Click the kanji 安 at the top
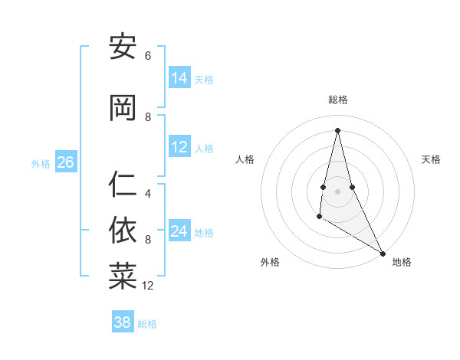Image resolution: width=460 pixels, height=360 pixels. click(123, 47)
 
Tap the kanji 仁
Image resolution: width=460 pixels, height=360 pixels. click(123, 184)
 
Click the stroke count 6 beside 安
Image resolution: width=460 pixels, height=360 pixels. click(148, 56)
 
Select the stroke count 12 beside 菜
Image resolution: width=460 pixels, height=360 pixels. click(149, 286)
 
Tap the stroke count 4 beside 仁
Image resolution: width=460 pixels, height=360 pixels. click(148, 194)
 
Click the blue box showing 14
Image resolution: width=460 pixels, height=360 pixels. click(179, 78)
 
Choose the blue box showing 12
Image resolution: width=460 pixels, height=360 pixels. click(179, 147)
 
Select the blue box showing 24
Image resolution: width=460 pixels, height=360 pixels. click(179, 231)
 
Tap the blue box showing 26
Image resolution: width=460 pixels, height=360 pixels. click(65, 162)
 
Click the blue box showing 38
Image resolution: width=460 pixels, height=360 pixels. click(123, 322)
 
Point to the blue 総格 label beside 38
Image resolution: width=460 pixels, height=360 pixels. click(147, 324)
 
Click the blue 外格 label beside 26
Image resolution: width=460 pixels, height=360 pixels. click(40, 163)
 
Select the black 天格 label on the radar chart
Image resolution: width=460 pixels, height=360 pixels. click(431, 159)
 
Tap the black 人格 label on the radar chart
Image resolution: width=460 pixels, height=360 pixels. click(245, 159)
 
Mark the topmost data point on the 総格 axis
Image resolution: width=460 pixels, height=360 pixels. click(337, 129)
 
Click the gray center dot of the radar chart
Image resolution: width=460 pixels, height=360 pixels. click(337, 191)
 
